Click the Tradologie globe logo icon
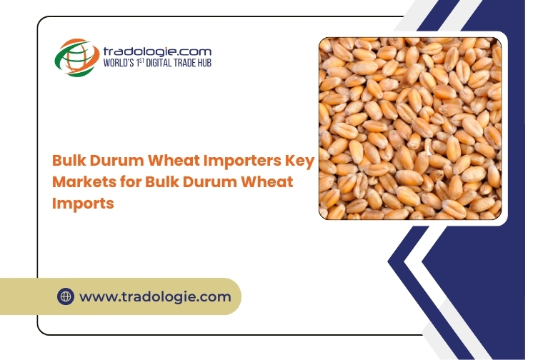pos(76,57)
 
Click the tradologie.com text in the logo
pos(157,51)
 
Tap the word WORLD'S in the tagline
pos(119,63)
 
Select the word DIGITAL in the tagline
pos(159,63)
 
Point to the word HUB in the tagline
pos(204,63)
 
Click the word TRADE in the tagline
pos(184,63)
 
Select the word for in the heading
pos(131,182)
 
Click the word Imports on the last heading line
pos(83,204)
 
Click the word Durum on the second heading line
pos(208,182)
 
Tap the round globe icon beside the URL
pos(66,296)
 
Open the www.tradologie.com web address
pos(155,297)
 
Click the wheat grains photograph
pos(410,129)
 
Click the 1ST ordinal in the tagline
pos(139,62)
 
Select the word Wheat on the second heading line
pos(266,182)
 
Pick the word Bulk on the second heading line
pos(162,182)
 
